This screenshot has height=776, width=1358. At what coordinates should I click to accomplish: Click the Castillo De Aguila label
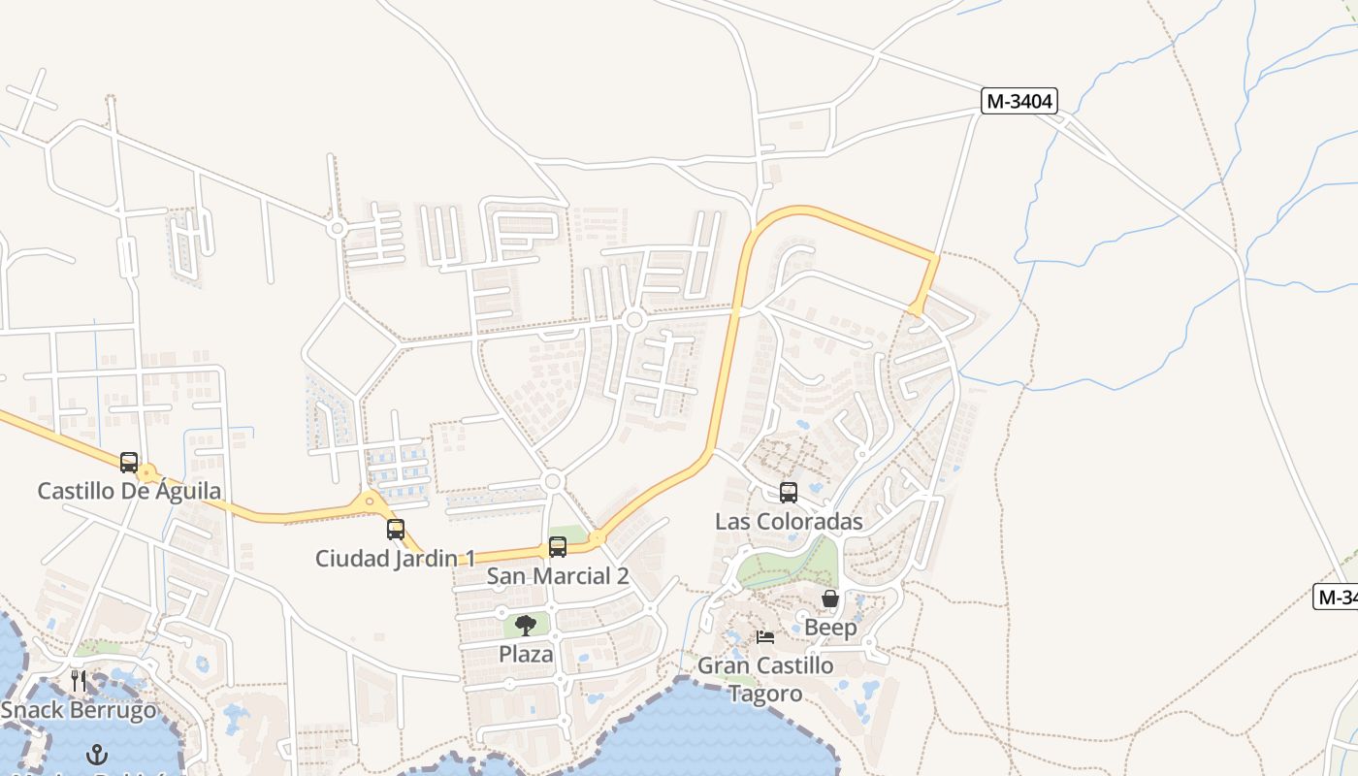[x=129, y=491]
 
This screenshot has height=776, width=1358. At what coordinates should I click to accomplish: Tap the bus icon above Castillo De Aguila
[x=128, y=463]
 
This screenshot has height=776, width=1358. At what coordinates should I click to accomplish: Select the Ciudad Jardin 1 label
[x=396, y=559]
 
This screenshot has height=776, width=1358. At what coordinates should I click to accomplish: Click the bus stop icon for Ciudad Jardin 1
[x=396, y=530]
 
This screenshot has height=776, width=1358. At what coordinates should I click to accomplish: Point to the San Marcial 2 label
[x=558, y=576]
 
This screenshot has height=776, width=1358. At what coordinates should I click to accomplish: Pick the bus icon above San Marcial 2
[x=558, y=547]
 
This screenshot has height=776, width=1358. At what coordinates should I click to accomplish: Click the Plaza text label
[x=526, y=654]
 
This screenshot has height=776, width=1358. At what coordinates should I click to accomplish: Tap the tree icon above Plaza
[x=526, y=625]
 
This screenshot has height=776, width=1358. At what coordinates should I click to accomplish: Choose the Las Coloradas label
[x=789, y=522]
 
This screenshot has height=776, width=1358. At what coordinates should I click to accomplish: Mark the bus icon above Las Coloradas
[x=789, y=493]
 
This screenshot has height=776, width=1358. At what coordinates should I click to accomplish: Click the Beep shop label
[x=830, y=628]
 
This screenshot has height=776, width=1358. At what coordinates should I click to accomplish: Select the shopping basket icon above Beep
[x=830, y=598]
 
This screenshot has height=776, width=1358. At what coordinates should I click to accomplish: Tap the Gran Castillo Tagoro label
[x=765, y=679]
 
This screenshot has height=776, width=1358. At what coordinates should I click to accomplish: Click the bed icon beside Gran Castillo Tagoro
[x=765, y=637]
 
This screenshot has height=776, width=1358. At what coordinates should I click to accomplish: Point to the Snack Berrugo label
[x=79, y=710]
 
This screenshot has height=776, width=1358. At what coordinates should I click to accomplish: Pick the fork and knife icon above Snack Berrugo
[x=79, y=680]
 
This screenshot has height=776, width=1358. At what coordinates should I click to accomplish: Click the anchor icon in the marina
[x=97, y=754]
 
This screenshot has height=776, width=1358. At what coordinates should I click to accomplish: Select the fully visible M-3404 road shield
[x=1018, y=101]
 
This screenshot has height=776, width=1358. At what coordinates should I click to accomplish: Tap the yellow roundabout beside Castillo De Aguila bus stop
[x=147, y=474]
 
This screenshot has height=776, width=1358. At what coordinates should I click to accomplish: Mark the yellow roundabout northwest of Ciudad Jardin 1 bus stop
[x=370, y=502]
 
